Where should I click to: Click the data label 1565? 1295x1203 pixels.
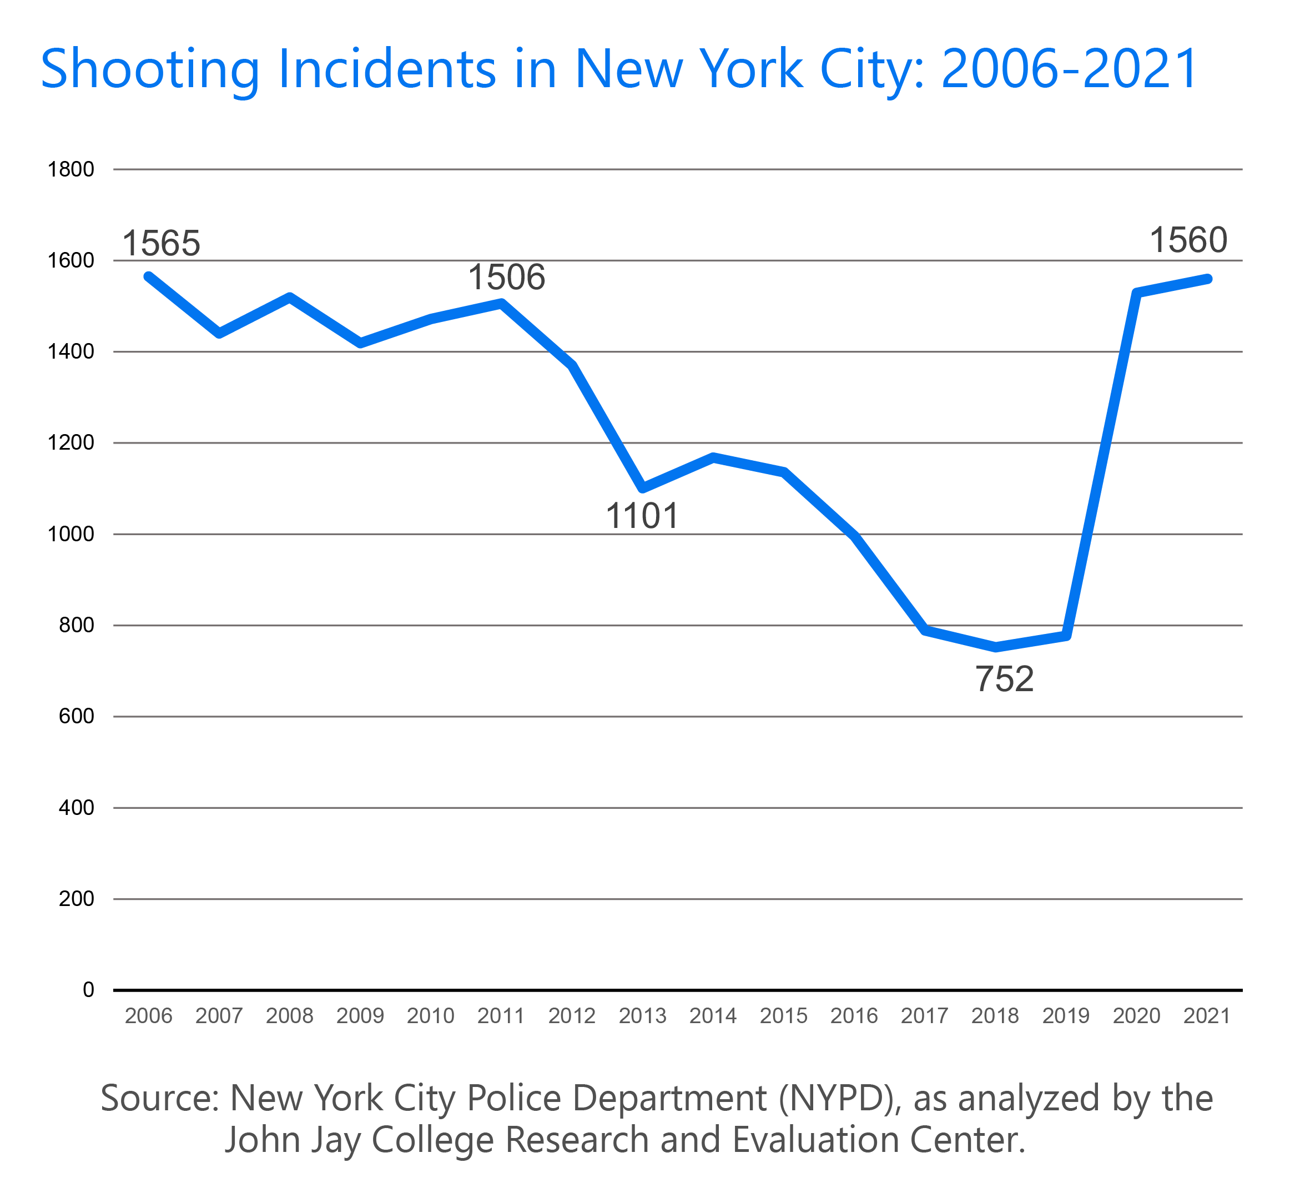pyautogui.click(x=161, y=244)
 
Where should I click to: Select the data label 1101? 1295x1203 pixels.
pyautogui.click(x=642, y=516)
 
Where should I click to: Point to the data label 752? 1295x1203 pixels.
pyautogui.click(x=1004, y=679)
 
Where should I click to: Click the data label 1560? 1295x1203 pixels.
pyautogui.click(x=1188, y=240)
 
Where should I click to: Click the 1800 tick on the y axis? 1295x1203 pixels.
pyautogui.click(x=71, y=169)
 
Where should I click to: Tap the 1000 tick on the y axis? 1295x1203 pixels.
pyautogui.click(x=71, y=534)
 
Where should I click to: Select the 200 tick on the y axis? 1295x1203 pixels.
pyautogui.click(x=77, y=898)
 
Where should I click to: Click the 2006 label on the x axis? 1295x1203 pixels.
pyautogui.click(x=148, y=1015)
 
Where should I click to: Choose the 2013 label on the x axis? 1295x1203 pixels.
pyautogui.click(x=642, y=1015)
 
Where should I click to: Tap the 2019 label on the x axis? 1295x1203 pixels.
pyautogui.click(x=1065, y=1015)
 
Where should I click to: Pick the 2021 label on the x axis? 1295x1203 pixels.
pyautogui.click(x=1207, y=1015)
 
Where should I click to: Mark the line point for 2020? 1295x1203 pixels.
pyautogui.click(x=1136, y=293)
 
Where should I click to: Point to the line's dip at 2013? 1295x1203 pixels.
pyautogui.click(x=643, y=487)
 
